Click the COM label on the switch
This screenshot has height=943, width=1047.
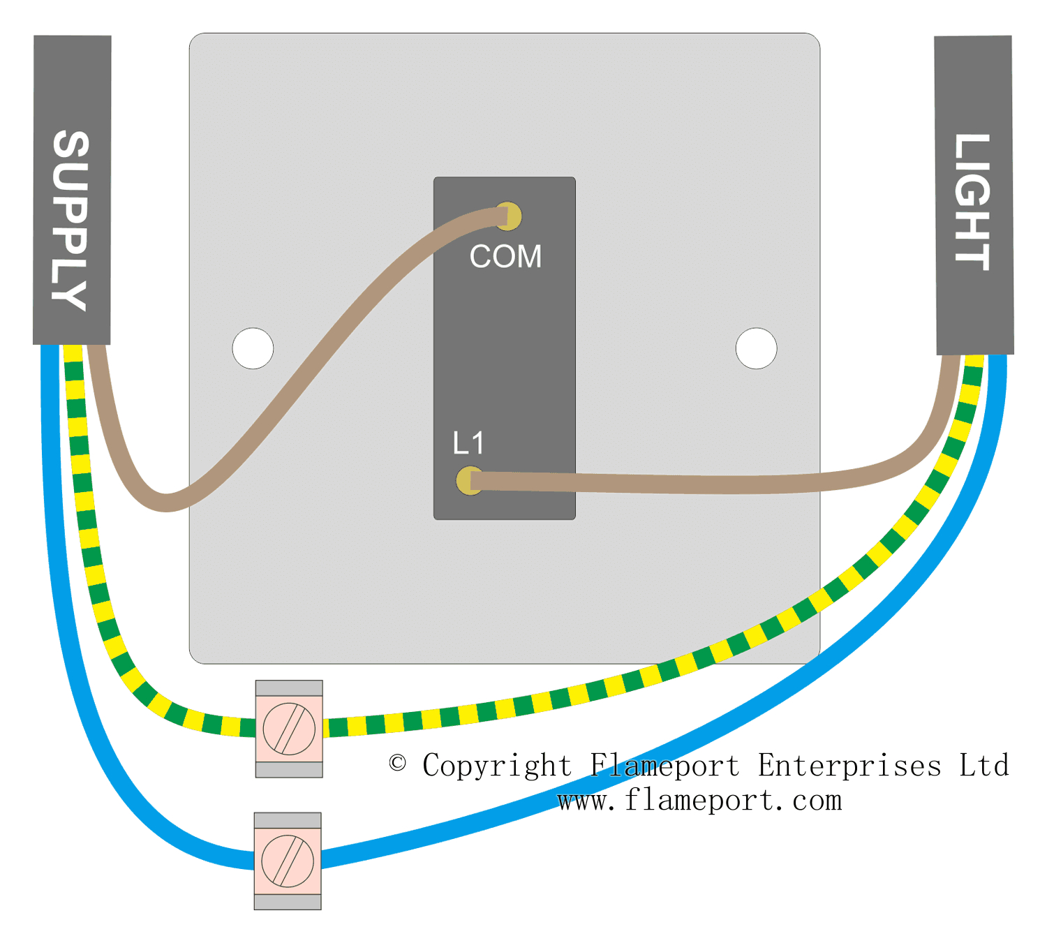pos(505,256)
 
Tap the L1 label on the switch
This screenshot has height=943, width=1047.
pos(468,443)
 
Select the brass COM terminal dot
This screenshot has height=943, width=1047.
pos(510,216)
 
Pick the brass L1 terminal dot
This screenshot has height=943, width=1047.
pos(468,480)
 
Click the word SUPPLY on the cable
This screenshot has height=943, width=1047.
pos(70,220)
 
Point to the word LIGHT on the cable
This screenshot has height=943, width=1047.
pos(972,202)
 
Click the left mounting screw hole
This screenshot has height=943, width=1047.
pos(253,348)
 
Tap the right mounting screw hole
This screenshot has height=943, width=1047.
pos(756,348)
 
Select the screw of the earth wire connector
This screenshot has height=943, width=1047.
pos(289,729)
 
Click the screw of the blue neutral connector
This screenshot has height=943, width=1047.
pos(288,861)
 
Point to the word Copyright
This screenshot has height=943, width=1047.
pos(496,766)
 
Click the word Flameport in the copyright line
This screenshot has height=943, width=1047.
pos(664,766)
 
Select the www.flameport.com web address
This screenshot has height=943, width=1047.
pos(699,801)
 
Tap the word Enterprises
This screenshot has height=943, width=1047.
pos(849,766)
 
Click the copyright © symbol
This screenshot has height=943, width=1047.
pos(398,763)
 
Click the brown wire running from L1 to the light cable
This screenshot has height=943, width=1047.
pos(698,484)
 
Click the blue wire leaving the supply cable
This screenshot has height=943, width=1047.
pos(56,558)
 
